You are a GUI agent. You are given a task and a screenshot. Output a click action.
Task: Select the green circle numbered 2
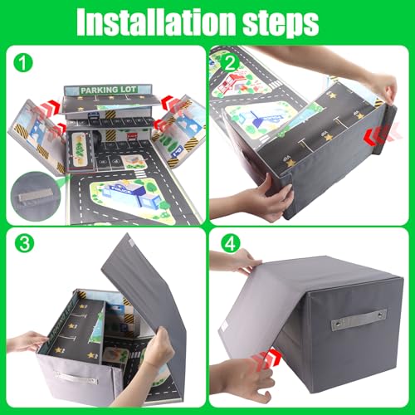tap(228, 62)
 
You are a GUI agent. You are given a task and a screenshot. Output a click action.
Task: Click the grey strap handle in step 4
tap(358, 320)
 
